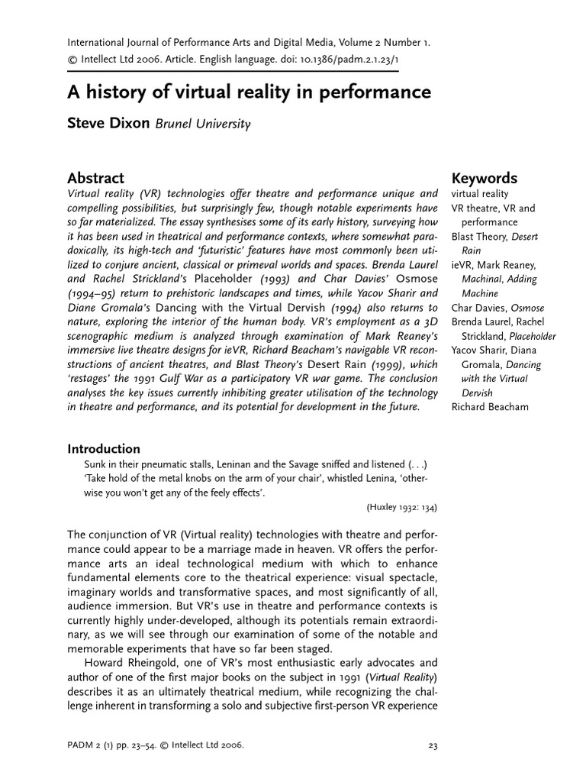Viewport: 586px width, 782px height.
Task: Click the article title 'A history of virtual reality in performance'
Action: point(250,93)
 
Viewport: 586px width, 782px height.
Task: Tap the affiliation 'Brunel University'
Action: point(203,124)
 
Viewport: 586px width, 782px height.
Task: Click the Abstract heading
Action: point(95,178)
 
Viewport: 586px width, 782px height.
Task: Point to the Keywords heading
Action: point(484,178)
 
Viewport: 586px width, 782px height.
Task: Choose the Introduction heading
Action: point(104,449)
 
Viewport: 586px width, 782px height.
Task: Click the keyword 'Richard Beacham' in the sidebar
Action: point(490,407)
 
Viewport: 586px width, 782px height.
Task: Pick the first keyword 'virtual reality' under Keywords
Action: point(479,194)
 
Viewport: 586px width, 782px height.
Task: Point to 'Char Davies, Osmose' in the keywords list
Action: point(497,308)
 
